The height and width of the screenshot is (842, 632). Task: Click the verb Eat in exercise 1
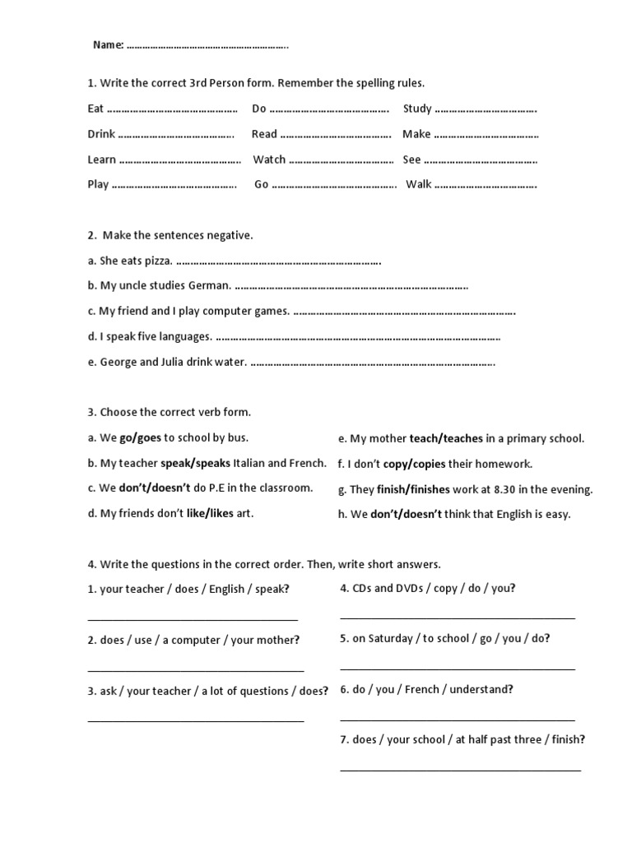point(95,109)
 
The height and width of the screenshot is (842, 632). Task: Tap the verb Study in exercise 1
point(417,109)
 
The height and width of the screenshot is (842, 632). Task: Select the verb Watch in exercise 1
point(269,160)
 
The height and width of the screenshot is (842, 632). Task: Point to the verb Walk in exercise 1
point(419,184)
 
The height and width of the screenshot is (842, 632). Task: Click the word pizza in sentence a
point(158,261)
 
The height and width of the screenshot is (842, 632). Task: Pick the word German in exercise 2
point(210,286)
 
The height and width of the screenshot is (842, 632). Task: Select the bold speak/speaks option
point(195,463)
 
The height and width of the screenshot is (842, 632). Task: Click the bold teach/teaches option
point(446,438)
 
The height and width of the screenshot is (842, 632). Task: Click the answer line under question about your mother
point(195,671)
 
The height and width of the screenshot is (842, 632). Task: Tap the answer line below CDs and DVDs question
point(458,618)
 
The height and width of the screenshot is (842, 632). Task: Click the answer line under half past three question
point(460,770)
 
